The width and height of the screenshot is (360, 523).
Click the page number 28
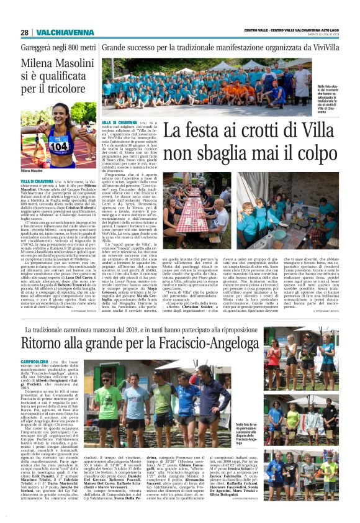pos(24,32)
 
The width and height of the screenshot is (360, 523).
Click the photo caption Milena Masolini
pos(32,170)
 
